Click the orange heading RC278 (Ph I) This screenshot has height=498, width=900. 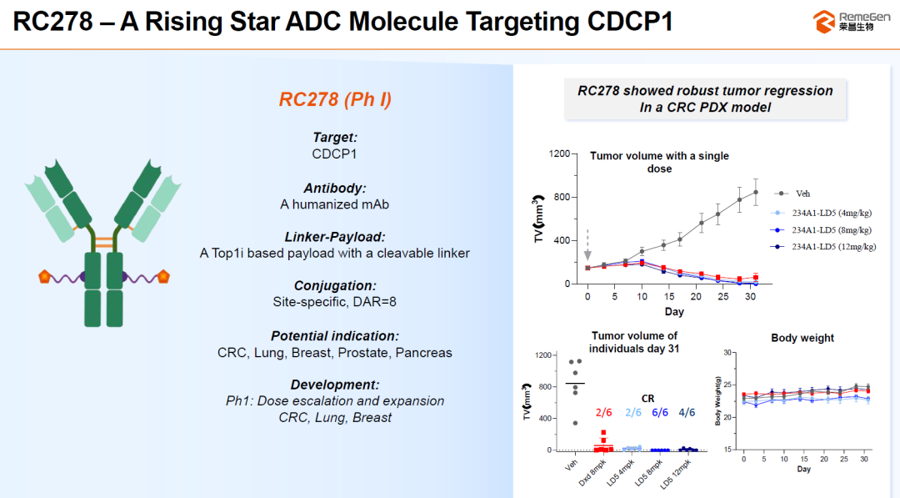[x=335, y=100]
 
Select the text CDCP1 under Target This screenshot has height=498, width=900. [x=335, y=153]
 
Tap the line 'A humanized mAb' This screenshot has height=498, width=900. [x=335, y=204]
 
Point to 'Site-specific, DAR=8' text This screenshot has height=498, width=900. [x=335, y=301]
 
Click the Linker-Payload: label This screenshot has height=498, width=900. [x=335, y=237]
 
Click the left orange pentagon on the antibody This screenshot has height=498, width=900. [x=44, y=276]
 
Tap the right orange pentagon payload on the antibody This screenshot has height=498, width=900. [x=164, y=276]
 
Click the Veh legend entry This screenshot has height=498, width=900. [x=802, y=194]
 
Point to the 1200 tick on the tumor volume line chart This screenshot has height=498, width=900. [x=559, y=154]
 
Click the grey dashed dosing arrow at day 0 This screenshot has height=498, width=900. [x=587, y=245]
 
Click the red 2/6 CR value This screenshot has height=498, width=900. [x=603, y=412]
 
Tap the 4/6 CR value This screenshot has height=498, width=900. [x=686, y=412]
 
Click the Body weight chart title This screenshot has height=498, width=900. [x=802, y=338]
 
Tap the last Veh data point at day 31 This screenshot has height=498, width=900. [x=756, y=192]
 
